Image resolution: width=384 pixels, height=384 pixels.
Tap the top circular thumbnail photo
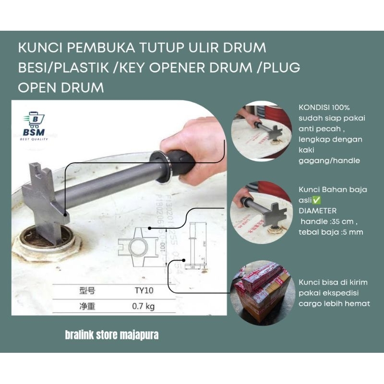coord(262,133)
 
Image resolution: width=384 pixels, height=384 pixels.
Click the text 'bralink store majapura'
coord(112,335)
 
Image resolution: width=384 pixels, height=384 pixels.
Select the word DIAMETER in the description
coord(318,211)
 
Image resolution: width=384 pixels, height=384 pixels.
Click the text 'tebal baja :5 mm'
coord(331,232)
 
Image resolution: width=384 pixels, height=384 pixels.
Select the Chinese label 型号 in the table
coord(87,290)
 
